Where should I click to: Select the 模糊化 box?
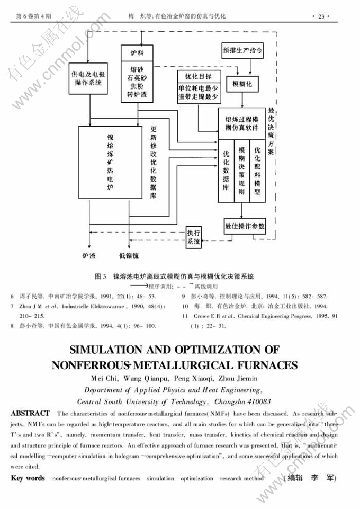242,84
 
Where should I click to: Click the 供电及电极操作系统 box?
87,79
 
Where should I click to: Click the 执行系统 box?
193,237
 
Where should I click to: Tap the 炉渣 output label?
89,256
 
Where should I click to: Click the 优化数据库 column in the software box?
226,172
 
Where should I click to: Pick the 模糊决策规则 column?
241,172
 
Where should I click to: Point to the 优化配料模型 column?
257,172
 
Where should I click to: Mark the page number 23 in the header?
321,16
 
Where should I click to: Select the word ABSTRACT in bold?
30,413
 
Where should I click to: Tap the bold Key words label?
28,478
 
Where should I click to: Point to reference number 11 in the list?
185,316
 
